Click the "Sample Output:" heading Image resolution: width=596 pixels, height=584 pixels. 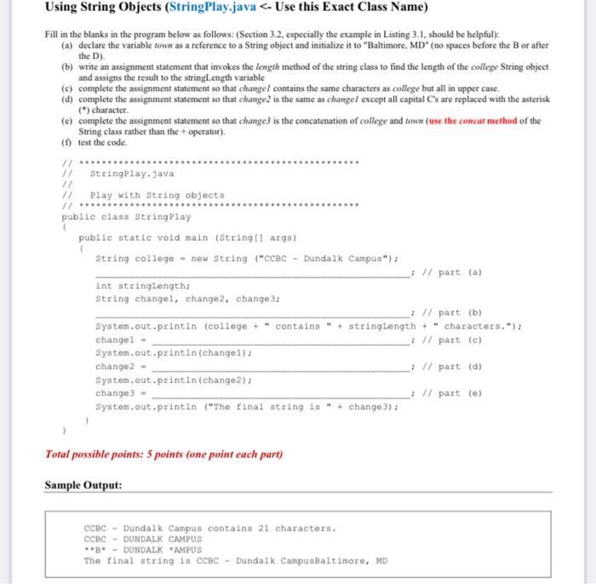(x=83, y=484)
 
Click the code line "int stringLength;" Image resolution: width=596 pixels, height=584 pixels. (x=141, y=286)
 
